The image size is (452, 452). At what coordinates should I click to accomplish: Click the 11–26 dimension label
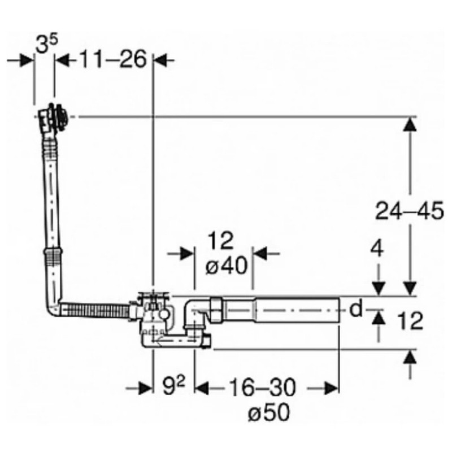(113, 59)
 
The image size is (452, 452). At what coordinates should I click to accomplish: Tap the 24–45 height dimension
(409, 211)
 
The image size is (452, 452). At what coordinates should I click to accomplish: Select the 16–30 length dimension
(262, 388)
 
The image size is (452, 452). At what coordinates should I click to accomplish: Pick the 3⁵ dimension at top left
(46, 44)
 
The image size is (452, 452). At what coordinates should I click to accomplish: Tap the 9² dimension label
(174, 386)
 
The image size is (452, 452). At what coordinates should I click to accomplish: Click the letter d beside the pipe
(356, 309)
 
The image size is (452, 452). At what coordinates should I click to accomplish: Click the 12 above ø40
(220, 240)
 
